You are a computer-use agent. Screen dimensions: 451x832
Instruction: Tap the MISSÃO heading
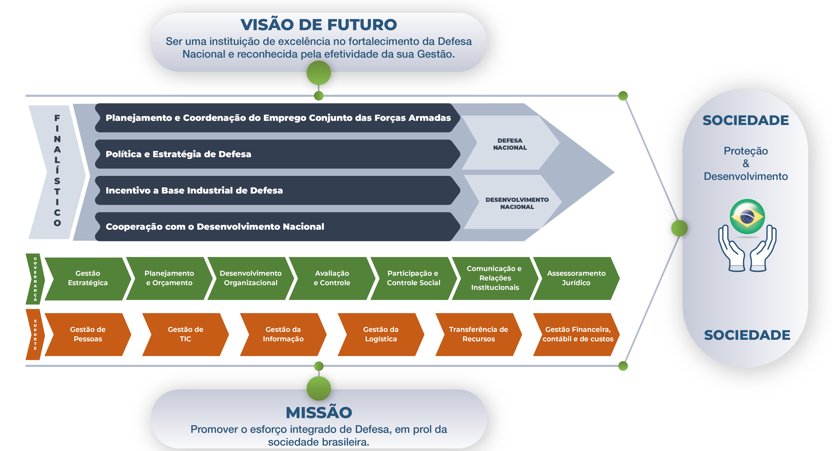[x=318, y=412]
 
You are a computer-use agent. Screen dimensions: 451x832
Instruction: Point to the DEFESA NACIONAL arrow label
[x=510, y=144]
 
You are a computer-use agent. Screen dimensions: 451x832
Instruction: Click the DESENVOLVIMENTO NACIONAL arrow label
[x=517, y=203]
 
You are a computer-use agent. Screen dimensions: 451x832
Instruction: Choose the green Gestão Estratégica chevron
[x=88, y=278]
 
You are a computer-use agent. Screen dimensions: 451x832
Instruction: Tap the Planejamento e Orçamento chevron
[x=169, y=278]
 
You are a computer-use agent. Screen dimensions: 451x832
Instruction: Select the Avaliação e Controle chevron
[x=332, y=278]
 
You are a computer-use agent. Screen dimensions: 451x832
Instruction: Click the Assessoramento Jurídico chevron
[x=576, y=278]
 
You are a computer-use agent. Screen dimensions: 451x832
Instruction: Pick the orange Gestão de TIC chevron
[x=185, y=334]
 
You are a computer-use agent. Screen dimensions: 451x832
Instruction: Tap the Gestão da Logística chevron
[x=381, y=334]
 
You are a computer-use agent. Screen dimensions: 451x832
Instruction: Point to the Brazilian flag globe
[x=747, y=216]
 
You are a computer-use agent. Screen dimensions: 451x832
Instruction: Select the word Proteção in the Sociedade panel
[x=745, y=151]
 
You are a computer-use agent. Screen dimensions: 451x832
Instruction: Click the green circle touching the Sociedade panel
[x=679, y=228]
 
